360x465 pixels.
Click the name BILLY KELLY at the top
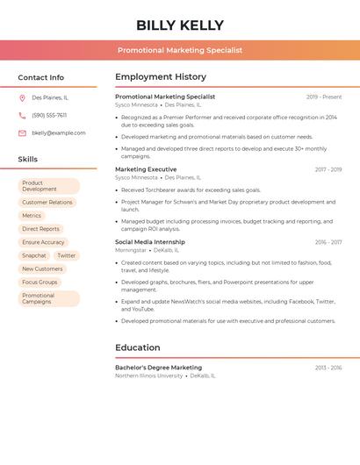click(x=180, y=25)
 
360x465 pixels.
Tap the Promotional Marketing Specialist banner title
click(x=180, y=50)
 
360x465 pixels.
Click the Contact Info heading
click(x=41, y=77)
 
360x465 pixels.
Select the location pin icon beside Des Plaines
click(x=22, y=97)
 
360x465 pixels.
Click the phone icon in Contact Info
click(x=22, y=115)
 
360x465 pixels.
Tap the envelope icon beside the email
click(x=22, y=132)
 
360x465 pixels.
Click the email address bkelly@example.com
click(x=59, y=132)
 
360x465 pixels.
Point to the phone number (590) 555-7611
click(x=49, y=115)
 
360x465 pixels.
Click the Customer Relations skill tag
click(x=47, y=202)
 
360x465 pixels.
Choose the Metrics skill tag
click(x=32, y=215)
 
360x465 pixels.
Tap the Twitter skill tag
click(x=67, y=255)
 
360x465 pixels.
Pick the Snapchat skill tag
click(x=34, y=255)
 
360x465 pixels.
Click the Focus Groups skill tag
click(x=40, y=282)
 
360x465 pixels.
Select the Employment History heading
click(x=161, y=77)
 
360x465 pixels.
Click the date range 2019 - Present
click(x=324, y=97)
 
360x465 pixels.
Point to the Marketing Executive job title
click(x=146, y=169)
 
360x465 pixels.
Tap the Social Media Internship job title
click(x=150, y=242)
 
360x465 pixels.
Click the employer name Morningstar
click(x=131, y=250)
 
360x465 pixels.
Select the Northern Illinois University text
click(x=149, y=376)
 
